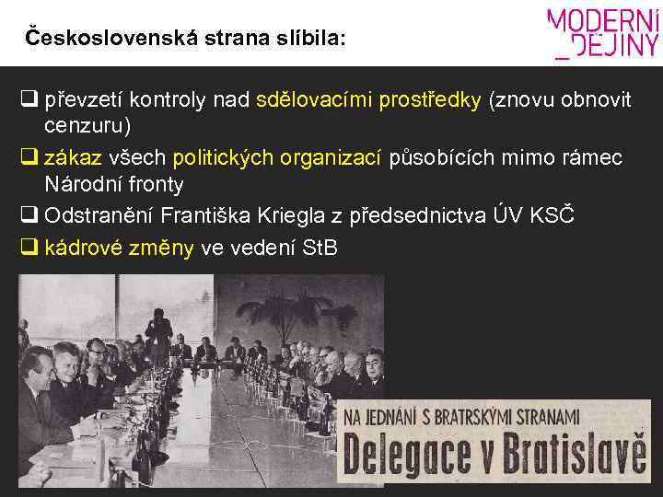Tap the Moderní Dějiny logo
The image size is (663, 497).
(603, 34)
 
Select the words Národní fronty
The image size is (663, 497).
(114, 184)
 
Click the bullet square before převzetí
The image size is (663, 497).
(29, 99)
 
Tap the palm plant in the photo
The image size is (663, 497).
(55, 304)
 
